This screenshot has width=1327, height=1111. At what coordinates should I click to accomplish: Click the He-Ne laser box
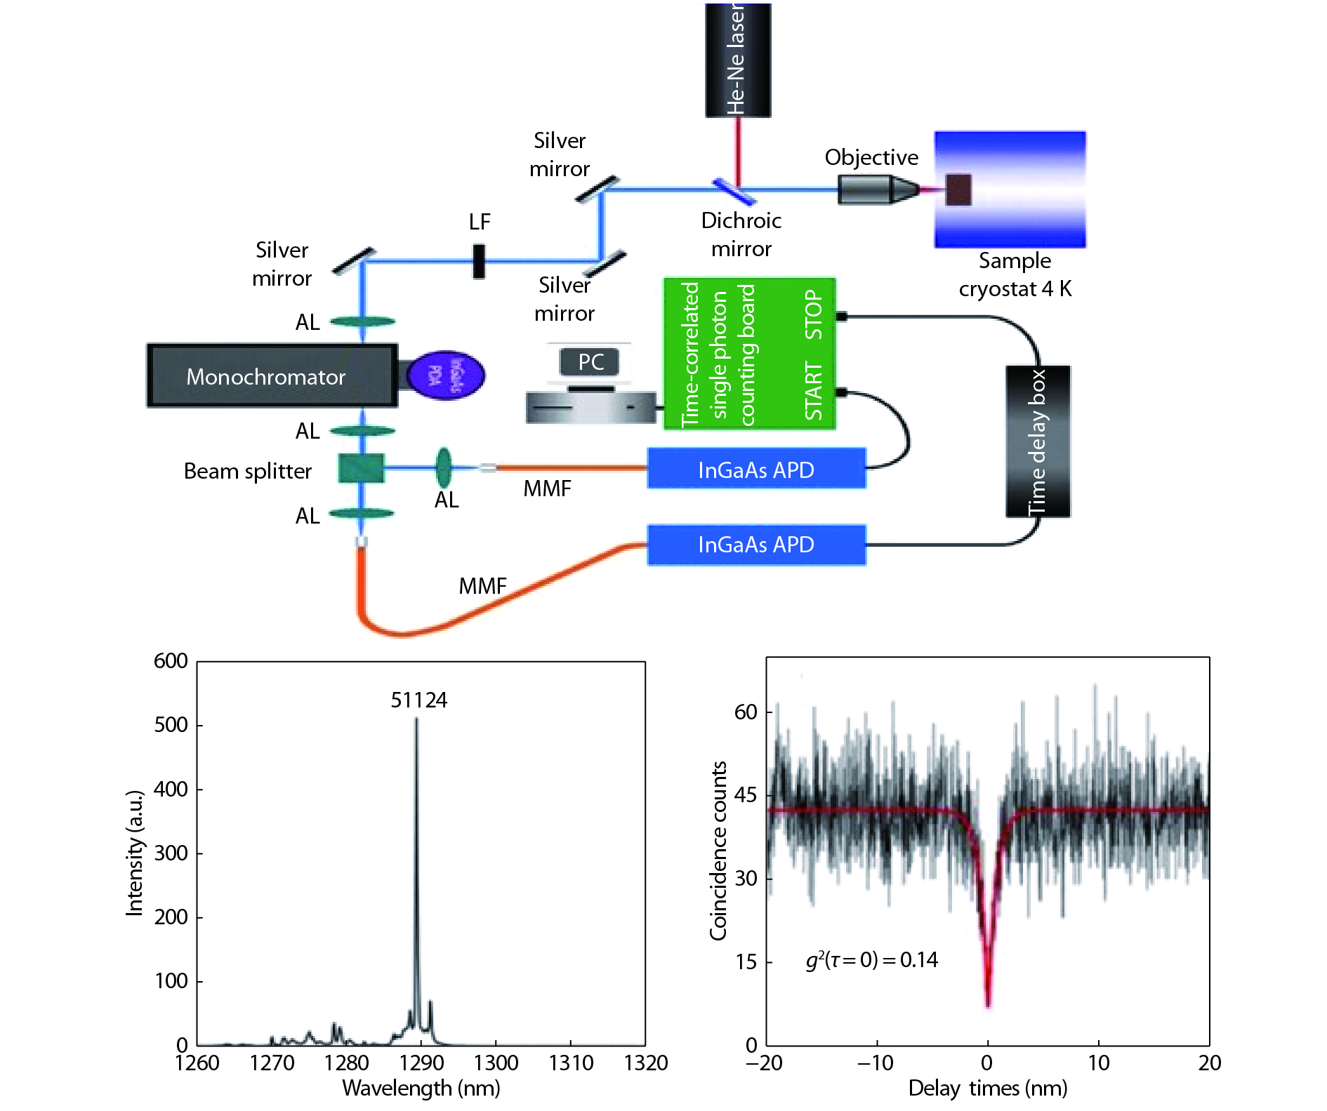pyautogui.click(x=737, y=60)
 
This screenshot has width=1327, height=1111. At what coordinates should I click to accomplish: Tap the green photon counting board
pyautogui.click(x=748, y=354)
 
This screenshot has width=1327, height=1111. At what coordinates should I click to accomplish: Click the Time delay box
pyautogui.click(x=1038, y=441)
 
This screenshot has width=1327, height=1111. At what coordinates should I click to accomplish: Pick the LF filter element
pyautogui.click(x=479, y=261)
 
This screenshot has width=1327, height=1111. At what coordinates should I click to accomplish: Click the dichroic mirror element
pyautogui.click(x=734, y=191)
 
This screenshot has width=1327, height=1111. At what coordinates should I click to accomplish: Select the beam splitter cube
pyautogui.click(x=362, y=468)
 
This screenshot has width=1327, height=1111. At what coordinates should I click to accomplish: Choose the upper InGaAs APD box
pyautogui.click(x=756, y=469)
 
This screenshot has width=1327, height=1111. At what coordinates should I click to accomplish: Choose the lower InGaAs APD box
pyautogui.click(x=756, y=545)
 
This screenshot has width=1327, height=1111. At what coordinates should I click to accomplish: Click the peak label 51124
pyautogui.click(x=418, y=700)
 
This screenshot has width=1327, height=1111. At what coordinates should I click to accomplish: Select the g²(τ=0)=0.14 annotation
pyautogui.click(x=871, y=959)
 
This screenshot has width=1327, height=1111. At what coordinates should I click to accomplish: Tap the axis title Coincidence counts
pyautogui.click(x=718, y=851)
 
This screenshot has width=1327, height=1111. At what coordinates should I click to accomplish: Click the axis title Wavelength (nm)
pyautogui.click(x=421, y=1088)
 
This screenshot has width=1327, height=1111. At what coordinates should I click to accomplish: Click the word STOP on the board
pyautogui.click(x=813, y=315)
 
